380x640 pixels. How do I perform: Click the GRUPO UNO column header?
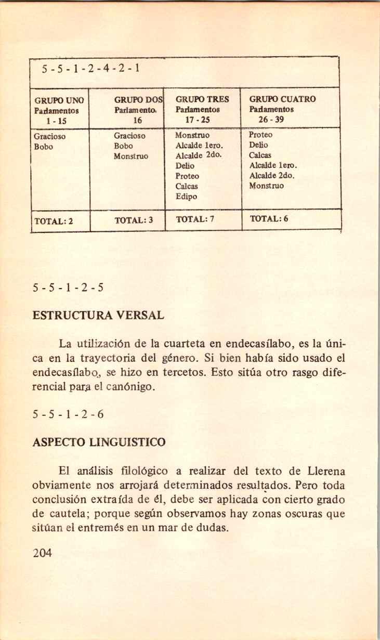[59, 99]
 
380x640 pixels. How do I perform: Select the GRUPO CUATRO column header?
[282, 99]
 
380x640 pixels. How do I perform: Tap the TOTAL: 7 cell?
[195, 219]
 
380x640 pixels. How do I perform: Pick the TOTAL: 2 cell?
[54, 220]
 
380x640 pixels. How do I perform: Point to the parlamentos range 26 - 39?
[271, 119]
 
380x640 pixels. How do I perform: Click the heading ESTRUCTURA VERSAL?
[98, 315]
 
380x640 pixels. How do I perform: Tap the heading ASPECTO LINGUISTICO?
[99, 443]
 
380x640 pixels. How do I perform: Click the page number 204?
[42, 553]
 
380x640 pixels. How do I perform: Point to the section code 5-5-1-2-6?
[68, 414]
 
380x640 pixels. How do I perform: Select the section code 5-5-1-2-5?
[68, 287]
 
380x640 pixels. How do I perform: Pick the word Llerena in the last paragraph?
[324, 472]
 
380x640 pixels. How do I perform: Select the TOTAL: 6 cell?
[269, 218]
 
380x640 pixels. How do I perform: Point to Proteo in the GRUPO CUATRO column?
[261, 135]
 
